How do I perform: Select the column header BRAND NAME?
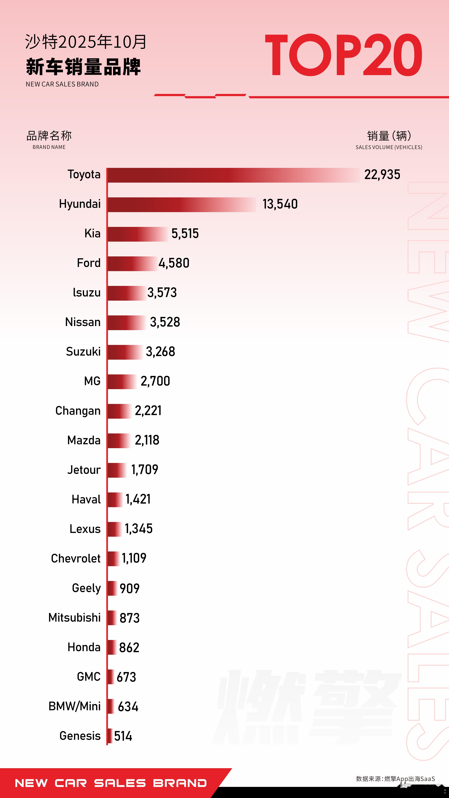coord(49,147)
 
